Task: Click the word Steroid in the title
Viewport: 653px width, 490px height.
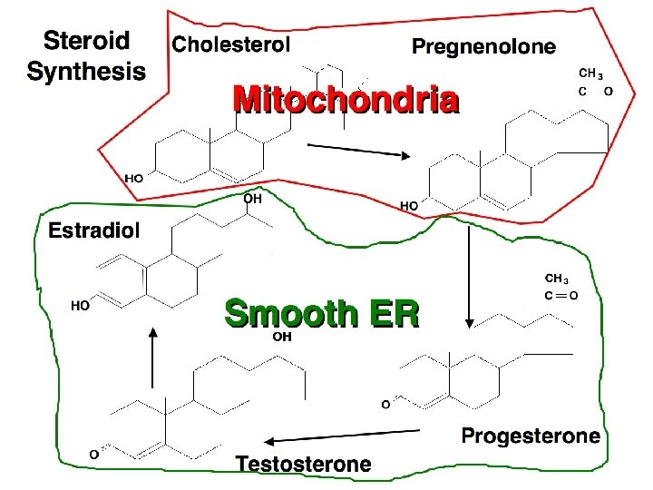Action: [87, 41]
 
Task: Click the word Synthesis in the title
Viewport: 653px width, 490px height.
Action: [87, 72]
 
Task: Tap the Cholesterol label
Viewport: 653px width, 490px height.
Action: [231, 44]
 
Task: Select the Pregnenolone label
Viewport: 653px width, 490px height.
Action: [484, 46]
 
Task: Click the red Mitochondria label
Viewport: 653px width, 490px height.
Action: [346, 100]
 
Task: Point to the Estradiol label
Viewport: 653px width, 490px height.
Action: [94, 230]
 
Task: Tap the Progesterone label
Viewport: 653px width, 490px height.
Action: [531, 436]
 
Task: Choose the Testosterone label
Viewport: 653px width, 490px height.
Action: [304, 465]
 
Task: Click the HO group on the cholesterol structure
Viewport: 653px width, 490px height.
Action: [133, 178]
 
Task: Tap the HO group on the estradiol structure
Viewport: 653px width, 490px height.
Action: [80, 307]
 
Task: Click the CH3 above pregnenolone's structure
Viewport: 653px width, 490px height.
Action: [591, 73]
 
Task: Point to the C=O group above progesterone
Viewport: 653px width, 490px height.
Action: [562, 295]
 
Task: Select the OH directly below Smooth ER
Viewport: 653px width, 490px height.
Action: [282, 337]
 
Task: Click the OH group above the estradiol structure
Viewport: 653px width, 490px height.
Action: [252, 198]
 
